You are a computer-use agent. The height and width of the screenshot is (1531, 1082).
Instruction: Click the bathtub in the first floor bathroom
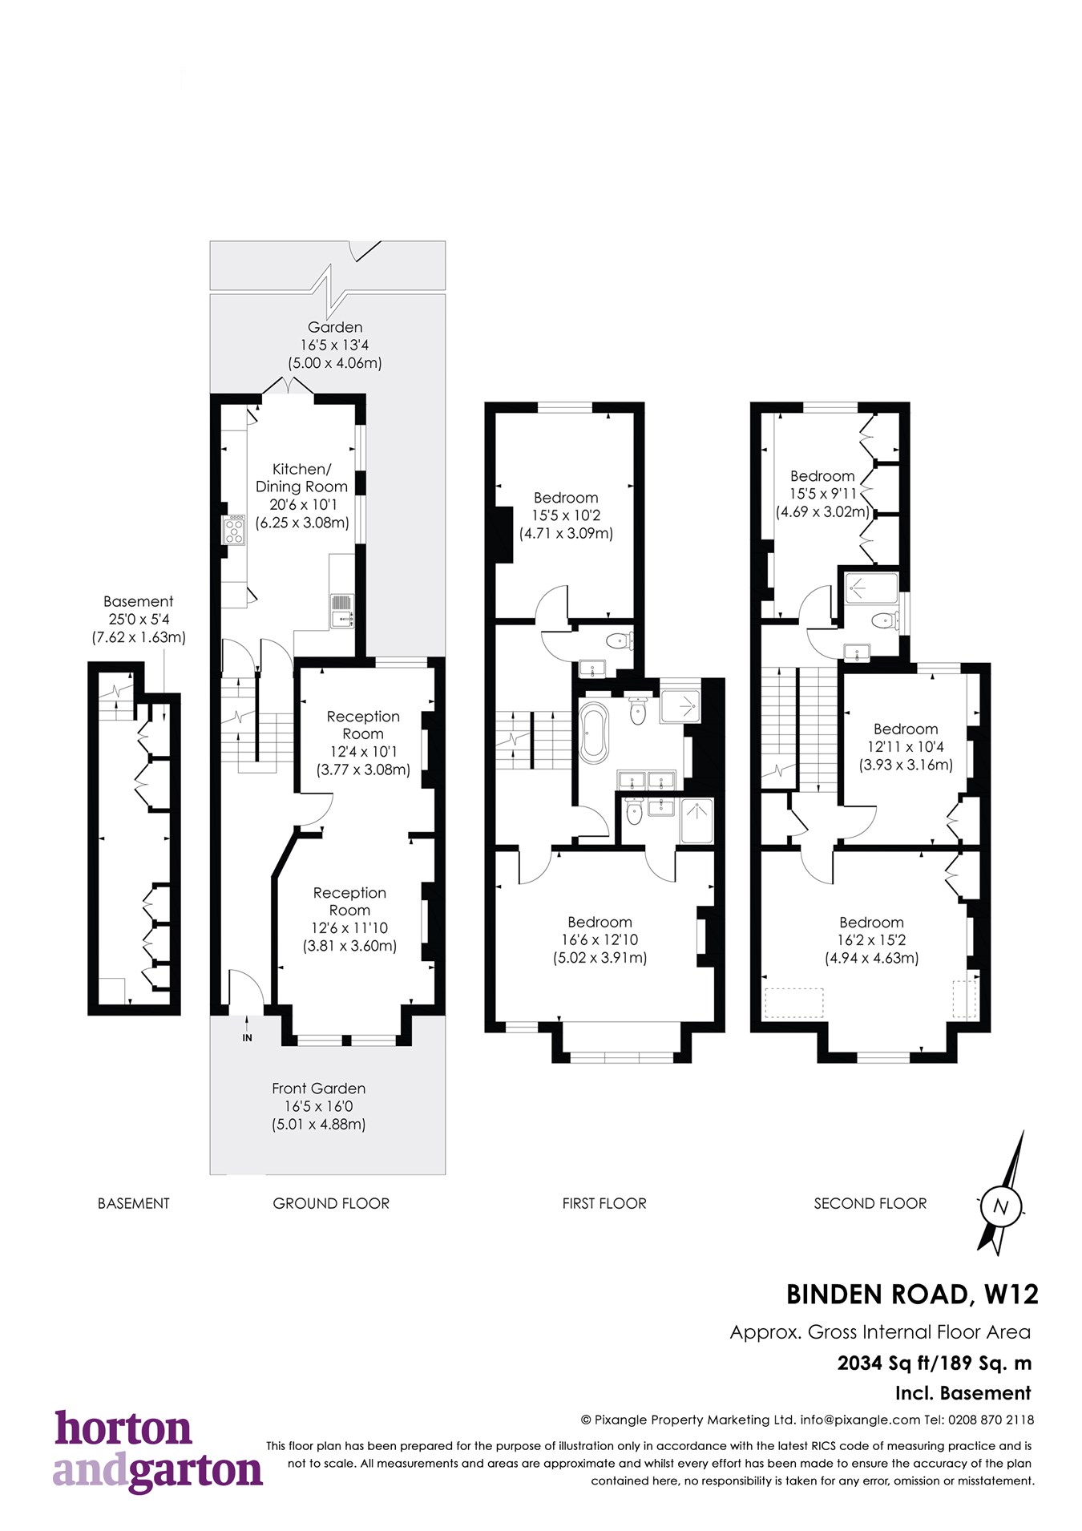pos(594,732)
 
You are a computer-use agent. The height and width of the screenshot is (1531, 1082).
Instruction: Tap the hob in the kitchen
pos(234,530)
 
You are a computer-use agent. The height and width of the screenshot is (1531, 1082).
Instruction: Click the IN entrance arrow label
pos(247,1037)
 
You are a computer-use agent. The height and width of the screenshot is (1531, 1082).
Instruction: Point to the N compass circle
pos(1000,1206)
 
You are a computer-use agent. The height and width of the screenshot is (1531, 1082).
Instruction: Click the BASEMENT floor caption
pos(134,1203)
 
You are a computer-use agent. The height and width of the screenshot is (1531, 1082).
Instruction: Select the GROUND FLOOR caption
pos(331,1203)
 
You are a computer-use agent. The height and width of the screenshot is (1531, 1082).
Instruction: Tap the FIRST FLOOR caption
pos(604,1203)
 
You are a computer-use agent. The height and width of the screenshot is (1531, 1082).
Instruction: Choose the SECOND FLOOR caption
pos(870,1203)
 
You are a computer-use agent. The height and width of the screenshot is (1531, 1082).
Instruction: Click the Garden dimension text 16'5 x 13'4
pos(335,345)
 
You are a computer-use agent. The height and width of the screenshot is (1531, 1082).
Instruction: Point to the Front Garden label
pos(318,1089)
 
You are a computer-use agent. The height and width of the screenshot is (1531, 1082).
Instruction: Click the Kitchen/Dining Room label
pos(301,478)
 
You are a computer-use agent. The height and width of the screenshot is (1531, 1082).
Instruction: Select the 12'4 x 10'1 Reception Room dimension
pos(363,752)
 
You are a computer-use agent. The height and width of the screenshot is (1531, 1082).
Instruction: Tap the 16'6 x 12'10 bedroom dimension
pos(600,939)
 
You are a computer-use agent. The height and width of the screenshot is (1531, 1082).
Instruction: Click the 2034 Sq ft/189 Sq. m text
pos(935,1363)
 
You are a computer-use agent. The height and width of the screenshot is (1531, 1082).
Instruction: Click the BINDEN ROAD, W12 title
pos(912,1295)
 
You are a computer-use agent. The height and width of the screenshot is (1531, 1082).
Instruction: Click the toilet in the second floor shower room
pos(884,620)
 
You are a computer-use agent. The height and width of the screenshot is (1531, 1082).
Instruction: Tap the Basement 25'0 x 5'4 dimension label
pos(139,619)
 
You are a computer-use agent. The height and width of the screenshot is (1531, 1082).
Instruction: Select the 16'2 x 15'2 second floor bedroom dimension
pos(871,939)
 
